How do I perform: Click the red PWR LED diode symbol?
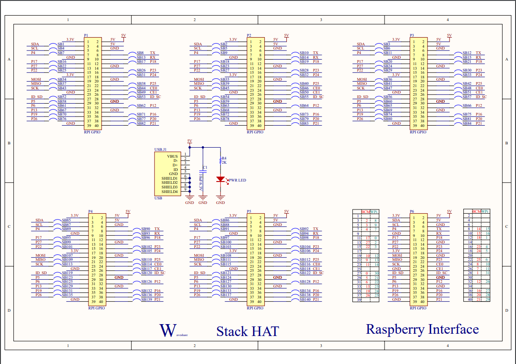220,179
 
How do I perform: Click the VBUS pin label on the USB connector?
173,156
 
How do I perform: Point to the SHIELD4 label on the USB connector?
170,192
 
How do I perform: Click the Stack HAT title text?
247,331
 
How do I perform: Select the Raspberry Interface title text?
422,329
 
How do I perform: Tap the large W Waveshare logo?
168,330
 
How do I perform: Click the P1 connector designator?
86,35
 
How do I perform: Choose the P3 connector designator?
412,35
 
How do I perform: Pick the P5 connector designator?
249,211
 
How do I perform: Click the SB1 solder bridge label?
61,44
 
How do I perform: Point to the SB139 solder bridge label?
146,299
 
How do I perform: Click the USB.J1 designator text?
161,149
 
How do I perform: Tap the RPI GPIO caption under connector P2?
255,132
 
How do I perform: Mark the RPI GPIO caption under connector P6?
418,308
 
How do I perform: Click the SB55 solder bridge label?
304,97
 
